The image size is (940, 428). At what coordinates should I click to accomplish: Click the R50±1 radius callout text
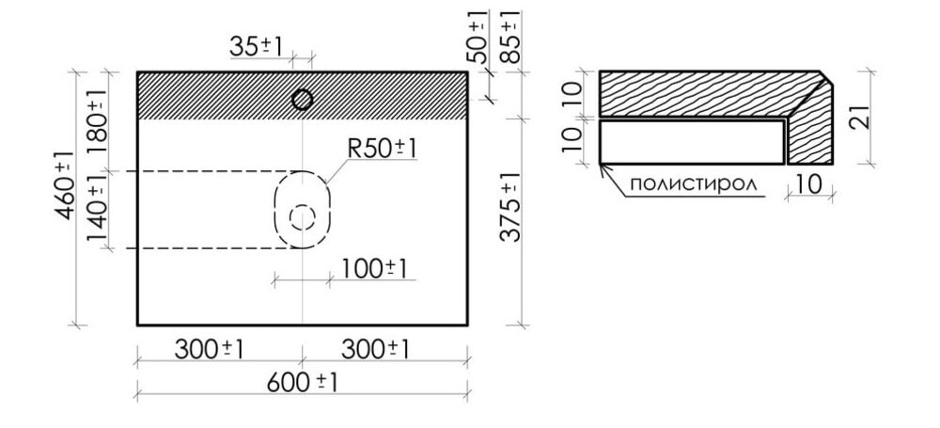point(382,150)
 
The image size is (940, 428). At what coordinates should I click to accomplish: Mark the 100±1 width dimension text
point(374,268)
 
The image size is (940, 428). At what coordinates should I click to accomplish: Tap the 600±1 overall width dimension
point(302,384)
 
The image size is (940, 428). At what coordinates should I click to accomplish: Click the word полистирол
point(694,183)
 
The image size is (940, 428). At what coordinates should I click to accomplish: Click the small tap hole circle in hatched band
point(303,99)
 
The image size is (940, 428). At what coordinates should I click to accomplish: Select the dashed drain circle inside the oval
point(303,218)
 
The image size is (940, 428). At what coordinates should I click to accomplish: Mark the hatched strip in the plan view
point(216,95)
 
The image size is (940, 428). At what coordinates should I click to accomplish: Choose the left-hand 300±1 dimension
point(210,349)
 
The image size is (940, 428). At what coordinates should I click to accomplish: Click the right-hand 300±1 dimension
point(375,349)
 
